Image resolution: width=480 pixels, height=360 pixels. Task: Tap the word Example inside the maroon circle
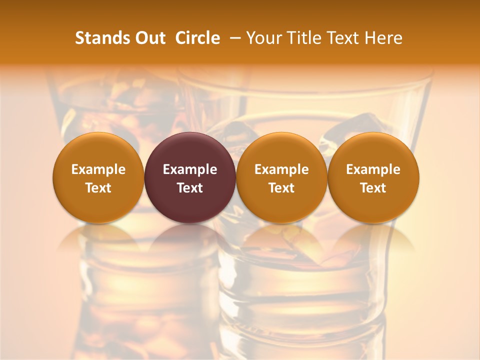pyautogui.click(x=190, y=169)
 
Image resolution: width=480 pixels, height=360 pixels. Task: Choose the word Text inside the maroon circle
pyautogui.click(x=190, y=188)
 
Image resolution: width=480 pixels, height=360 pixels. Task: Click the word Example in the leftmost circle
pyautogui.click(x=98, y=169)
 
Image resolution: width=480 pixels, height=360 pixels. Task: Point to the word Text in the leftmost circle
pyautogui.click(x=98, y=188)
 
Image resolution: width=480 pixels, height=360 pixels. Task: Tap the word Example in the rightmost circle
pyautogui.click(x=373, y=169)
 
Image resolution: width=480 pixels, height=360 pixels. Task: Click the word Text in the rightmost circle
pyautogui.click(x=373, y=188)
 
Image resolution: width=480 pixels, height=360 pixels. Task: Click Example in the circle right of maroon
pyautogui.click(x=281, y=169)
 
